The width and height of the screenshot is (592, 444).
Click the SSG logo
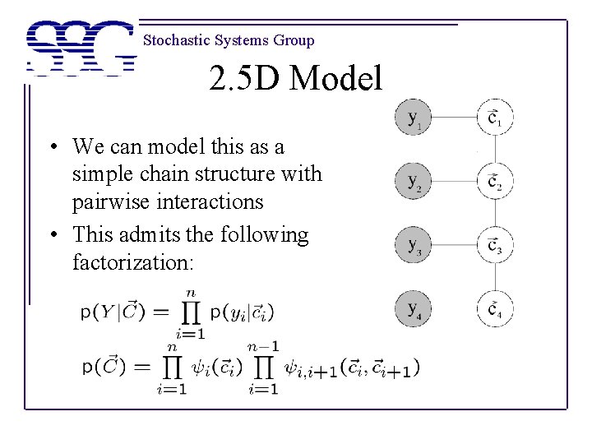tap(81, 48)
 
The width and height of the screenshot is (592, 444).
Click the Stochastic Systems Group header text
tap(228, 40)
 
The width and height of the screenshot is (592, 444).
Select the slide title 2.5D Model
tap(295, 80)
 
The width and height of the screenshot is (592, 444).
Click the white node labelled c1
tap(495, 118)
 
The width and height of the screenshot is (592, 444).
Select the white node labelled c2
tap(495, 181)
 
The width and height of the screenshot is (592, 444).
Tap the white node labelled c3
tap(495, 244)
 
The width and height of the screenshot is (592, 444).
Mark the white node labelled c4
tap(495, 308)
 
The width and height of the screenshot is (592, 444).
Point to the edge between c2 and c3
tap(495, 213)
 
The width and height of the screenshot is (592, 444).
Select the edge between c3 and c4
tap(495, 276)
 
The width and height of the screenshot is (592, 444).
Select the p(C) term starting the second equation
tap(104, 368)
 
